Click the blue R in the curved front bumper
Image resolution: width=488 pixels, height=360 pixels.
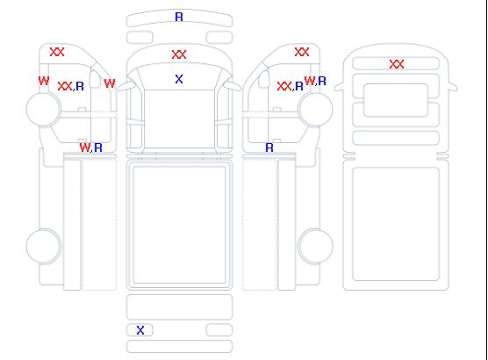179,17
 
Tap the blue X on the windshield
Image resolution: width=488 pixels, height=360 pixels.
179,79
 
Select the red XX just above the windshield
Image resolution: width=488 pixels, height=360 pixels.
179,54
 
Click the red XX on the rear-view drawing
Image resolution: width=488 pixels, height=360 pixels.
397,64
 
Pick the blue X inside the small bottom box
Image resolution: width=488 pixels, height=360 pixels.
140,330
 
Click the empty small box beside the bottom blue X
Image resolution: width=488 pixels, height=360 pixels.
219,330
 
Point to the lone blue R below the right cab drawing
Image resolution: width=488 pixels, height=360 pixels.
269,148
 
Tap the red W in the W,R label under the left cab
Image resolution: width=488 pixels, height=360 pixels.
84,148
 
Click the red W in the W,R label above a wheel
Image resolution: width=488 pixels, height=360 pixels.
310,81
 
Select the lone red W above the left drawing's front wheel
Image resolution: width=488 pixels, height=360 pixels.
44,81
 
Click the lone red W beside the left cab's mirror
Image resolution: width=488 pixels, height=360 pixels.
110,83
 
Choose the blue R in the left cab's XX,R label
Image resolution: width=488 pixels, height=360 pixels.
80,86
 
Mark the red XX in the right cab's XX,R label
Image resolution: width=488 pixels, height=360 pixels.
284,86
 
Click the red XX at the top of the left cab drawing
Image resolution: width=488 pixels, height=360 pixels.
57,52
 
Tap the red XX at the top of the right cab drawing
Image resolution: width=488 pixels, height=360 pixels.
302,52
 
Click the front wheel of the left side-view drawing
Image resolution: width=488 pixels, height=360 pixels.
44,109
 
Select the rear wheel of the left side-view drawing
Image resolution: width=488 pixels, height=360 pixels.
44,246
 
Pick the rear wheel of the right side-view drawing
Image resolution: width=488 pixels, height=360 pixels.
315,246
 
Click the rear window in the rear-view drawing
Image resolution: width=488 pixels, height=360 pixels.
396,100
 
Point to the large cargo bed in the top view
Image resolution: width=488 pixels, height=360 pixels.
179,225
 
